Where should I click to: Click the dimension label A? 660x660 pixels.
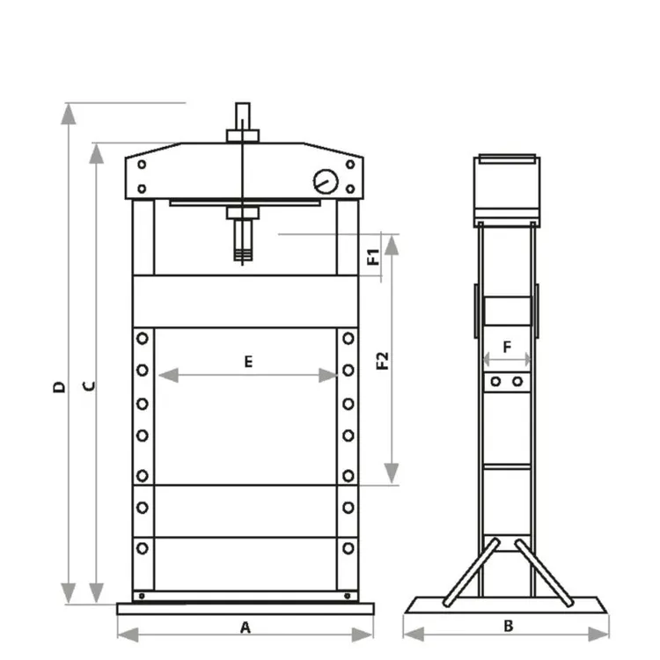pyautogui.click(x=246, y=627)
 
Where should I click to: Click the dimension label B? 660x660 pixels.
pyautogui.click(x=508, y=627)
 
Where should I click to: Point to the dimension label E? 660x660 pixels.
pyautogui.click(x=248, y=361)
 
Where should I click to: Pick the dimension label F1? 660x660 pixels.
pyautogui.click(x=373, y=257)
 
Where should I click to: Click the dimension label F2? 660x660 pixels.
pyautogui.click(x=382, y=360)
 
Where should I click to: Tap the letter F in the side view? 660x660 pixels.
pyautogui.click(x=507, y=347)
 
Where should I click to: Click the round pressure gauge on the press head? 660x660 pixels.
pyautogui.click(x=325, y=182)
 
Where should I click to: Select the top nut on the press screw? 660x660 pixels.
pyautogui.click(x=242, y=136)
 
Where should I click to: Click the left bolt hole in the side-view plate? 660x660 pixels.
pyautogui.click(x=496, y=382)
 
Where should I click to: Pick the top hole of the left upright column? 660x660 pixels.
pyautogui.click(x=142, y=339)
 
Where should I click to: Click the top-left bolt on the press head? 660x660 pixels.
pyautogui.click(x=142, y=165)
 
